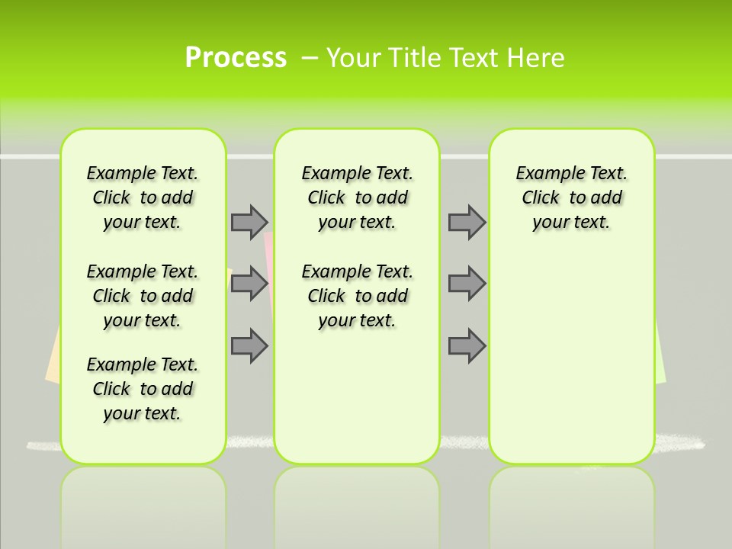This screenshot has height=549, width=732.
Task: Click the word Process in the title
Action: point(236,57)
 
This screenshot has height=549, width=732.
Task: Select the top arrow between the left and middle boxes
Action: point(249,222)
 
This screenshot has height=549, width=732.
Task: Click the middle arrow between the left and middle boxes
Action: point(249,284)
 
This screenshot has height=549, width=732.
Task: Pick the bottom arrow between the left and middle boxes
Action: point(249,345)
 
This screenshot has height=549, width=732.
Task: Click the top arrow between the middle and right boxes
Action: point(467,222)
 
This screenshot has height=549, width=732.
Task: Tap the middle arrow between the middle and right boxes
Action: point(467,284)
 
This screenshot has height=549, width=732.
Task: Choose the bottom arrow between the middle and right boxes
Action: point(467,345)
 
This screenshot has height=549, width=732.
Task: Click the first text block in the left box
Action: point(143,197)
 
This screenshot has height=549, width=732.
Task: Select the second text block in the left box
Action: point(143,296)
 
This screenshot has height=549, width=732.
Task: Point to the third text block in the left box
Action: point(143,389)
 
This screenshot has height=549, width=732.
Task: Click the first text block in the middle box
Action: point(357,197)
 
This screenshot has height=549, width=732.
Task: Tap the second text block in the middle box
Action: point(357,296)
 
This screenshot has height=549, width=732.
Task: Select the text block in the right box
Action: point(571,197)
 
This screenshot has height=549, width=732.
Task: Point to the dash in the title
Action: point(310,57)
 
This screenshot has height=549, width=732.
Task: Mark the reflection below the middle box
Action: point(357,503)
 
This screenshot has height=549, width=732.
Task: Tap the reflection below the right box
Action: point(571,503)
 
